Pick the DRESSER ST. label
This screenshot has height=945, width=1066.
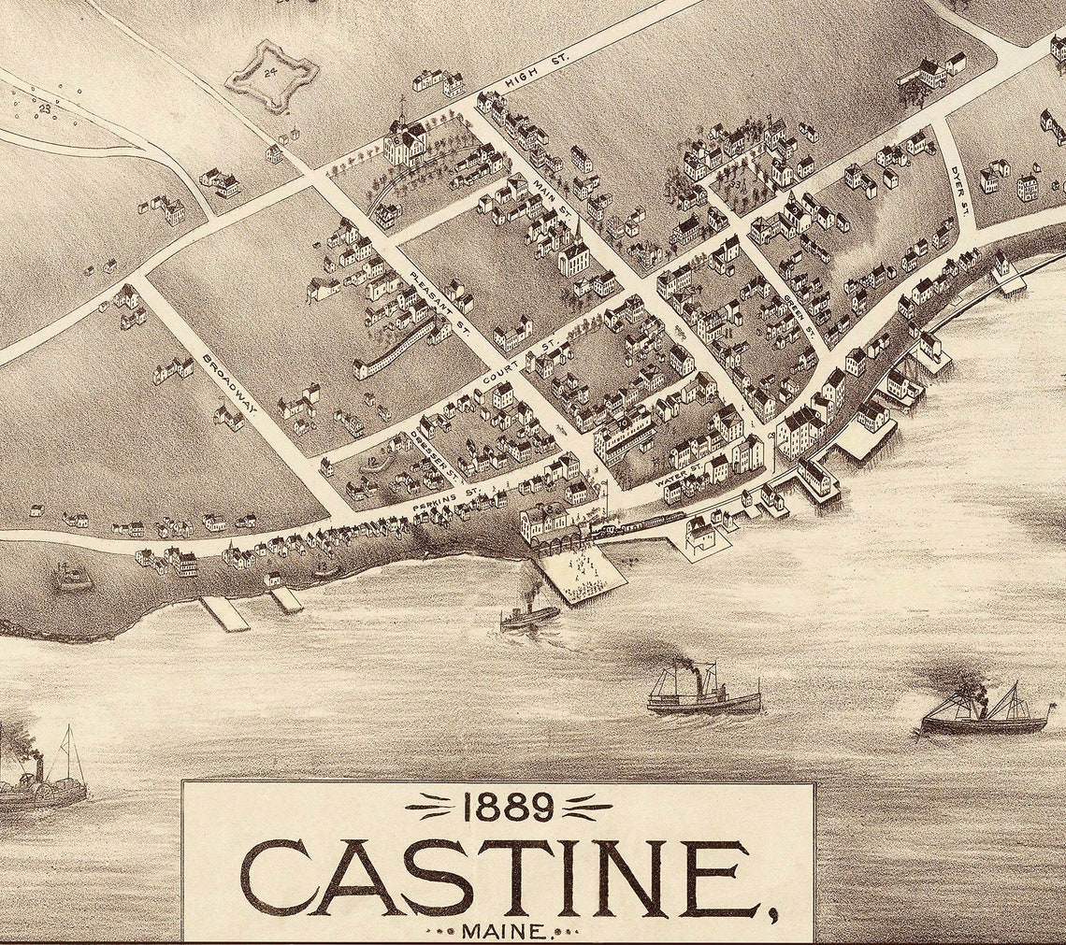point(433,452)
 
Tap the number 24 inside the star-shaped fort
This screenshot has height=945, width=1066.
point(270,72)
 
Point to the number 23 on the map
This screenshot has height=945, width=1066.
point(44,108)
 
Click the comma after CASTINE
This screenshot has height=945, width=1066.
point(772,912)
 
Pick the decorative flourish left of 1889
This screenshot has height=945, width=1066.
point(434,805)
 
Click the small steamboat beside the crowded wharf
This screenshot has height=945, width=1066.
point(528,613)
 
